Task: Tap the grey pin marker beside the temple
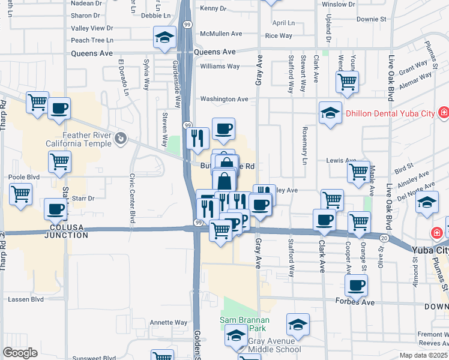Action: [x=121, y=139]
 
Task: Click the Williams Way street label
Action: [x=220, y=66]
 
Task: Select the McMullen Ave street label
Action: [x=221, y=34]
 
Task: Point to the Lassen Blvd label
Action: [x=25, y=299]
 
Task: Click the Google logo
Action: [x=20, y=353]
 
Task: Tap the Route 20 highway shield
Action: [x=384, y=238]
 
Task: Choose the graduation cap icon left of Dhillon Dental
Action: [x=330, y=113]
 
